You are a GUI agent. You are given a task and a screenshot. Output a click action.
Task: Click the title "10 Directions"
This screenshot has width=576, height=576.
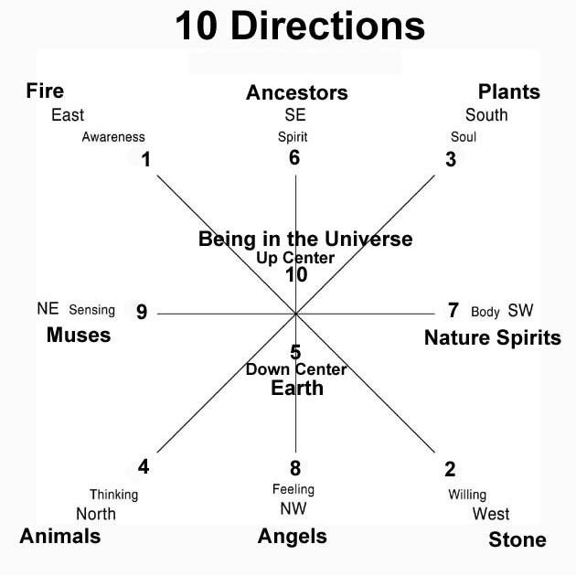(x=300, y=27)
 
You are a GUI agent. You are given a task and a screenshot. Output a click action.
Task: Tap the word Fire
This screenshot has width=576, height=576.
(x=45, y=91)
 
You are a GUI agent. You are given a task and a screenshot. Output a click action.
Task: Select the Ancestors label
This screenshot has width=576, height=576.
(x=297, y=92)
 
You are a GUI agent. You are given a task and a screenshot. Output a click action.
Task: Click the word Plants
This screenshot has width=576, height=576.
(x=509, y=91)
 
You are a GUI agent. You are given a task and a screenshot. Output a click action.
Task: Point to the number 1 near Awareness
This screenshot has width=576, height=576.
(x=145, y=160)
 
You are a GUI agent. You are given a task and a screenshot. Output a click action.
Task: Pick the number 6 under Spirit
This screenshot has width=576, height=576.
(x=293, y=157)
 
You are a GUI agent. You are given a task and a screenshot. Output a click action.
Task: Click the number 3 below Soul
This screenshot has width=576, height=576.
(x=450, y=159)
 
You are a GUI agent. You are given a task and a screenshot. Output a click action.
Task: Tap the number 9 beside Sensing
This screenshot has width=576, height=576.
(x=142, y=312)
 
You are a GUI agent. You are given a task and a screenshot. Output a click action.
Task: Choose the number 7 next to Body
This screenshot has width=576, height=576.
(x=453, y=310)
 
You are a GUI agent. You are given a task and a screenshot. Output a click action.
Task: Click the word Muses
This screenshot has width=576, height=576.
(x=79, y=335)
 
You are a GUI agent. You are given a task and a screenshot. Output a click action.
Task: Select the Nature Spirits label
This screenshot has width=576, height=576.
(x=492, y=338)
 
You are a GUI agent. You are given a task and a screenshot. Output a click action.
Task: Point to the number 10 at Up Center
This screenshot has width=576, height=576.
(x=295, y=274)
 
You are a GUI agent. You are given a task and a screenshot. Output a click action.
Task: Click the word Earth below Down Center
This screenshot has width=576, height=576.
(x=297, y=388)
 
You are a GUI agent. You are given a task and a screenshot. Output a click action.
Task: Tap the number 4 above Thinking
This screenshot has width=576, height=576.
(x=144, y=467)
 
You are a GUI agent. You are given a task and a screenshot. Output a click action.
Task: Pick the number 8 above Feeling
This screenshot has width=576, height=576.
(x=295, y=468)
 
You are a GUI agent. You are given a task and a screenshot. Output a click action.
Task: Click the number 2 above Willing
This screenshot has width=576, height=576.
(x=450, y=470)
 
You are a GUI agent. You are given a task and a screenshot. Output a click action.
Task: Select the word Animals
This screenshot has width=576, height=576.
(x=60, y=536)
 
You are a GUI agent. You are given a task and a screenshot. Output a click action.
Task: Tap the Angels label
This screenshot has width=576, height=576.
(x=293, y=536)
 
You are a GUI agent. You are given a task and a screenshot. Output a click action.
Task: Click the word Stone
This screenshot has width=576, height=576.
(x=517, y=539)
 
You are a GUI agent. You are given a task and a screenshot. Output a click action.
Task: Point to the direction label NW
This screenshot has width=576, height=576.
(x=293, y=508)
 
